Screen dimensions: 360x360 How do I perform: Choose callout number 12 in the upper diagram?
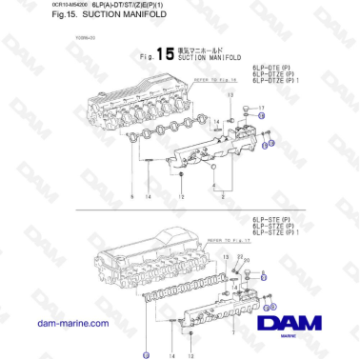tap(180, 196)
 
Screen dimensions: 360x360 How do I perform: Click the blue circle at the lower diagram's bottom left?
tap(146, 353)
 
